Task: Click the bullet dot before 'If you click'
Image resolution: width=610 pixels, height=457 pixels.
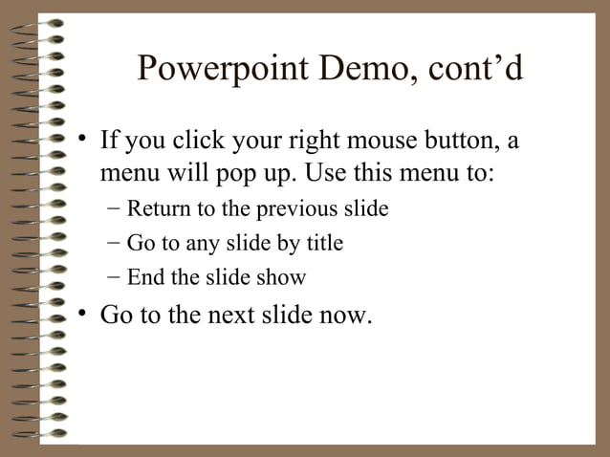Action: click(84, 141)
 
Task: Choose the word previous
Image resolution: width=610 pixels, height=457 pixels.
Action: click(302, 209)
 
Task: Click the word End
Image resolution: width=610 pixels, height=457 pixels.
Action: click(144, 278)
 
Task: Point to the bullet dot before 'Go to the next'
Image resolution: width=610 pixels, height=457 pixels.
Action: click(84, 314)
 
